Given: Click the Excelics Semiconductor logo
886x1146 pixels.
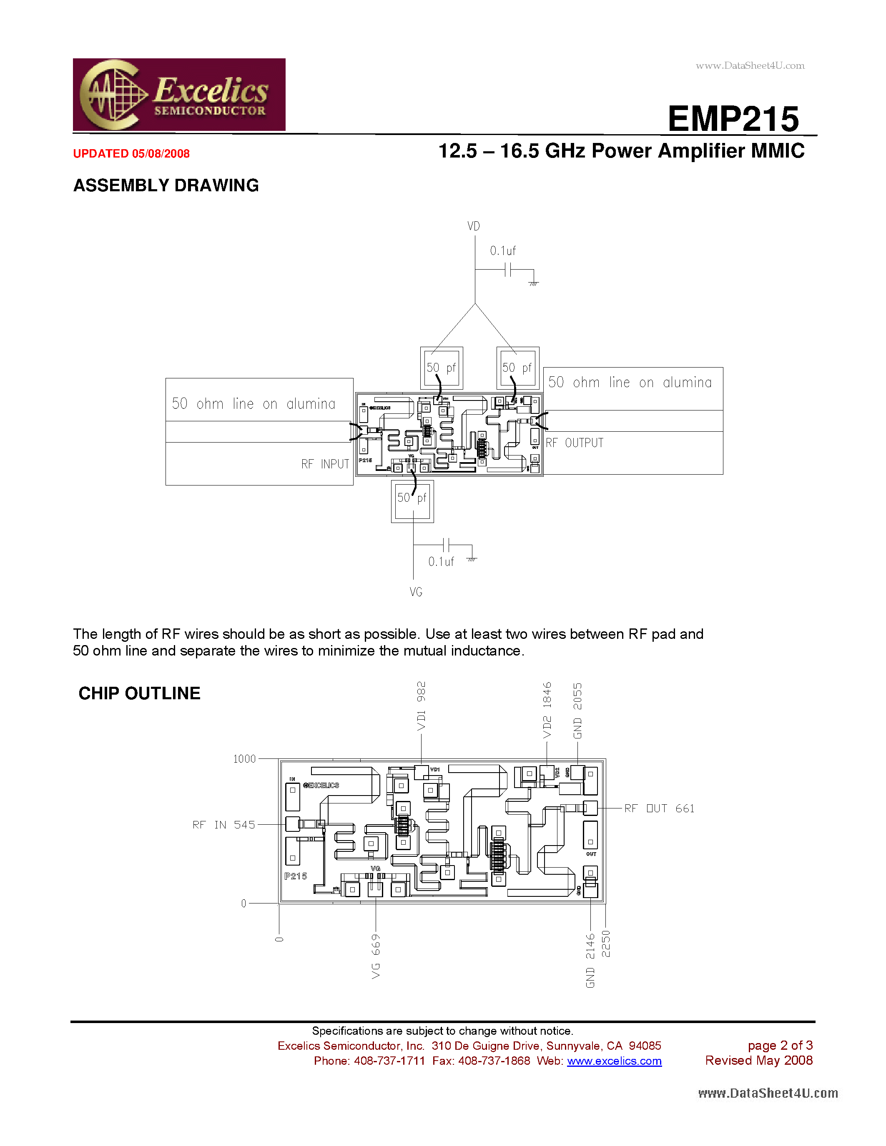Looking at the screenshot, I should [x=179, y=95].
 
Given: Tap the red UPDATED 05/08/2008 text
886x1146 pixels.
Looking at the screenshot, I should [x=131, y=154].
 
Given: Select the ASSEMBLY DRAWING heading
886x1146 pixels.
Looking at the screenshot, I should [x=166, y=185].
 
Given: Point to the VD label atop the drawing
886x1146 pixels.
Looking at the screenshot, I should [x=474, y=226].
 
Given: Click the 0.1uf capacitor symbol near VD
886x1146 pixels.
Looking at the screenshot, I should [x=507, y=270].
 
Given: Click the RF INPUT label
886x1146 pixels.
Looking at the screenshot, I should [x=325, y=464].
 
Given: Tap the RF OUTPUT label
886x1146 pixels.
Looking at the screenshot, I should [x=574, y=443].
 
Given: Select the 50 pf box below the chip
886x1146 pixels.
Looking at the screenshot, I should [x=412, y=501].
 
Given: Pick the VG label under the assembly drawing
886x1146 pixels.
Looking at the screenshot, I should [x=416, y=592].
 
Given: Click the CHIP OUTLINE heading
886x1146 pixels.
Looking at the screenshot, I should [x=139, y=693].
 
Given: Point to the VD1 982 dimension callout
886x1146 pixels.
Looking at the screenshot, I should [x=422, y=706].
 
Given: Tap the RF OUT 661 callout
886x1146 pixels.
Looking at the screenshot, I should [x=659, y=808].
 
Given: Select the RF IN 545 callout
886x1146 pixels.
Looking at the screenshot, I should [x=223, y=825].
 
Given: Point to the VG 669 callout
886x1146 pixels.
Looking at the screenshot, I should [x=376, y=956].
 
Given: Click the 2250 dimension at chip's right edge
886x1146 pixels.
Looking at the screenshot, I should [x=606, y=943].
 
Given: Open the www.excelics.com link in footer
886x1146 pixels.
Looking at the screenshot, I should [x=614, y=1061].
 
